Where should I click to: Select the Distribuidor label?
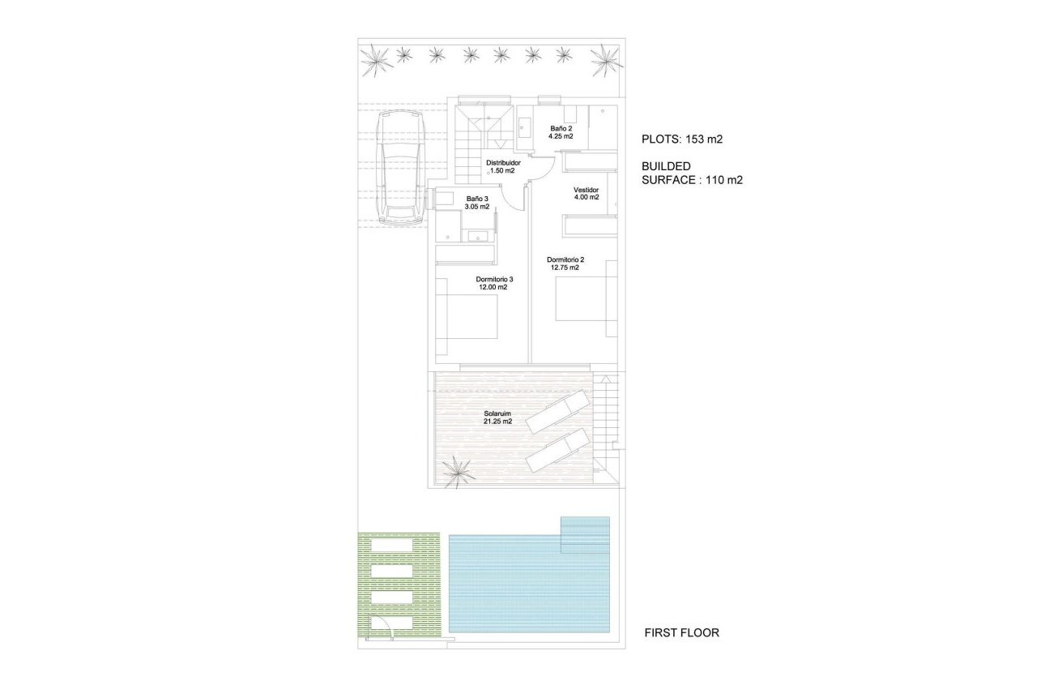503,163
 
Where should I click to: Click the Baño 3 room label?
477,199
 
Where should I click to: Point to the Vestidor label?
586,190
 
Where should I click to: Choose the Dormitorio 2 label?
565,260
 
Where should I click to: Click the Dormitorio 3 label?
494,279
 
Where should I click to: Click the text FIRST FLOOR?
681,632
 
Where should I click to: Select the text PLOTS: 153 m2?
681,139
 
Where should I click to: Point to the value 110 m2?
723,180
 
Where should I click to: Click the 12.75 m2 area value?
565,268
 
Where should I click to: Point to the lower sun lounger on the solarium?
557,451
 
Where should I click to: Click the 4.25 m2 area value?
561,137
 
